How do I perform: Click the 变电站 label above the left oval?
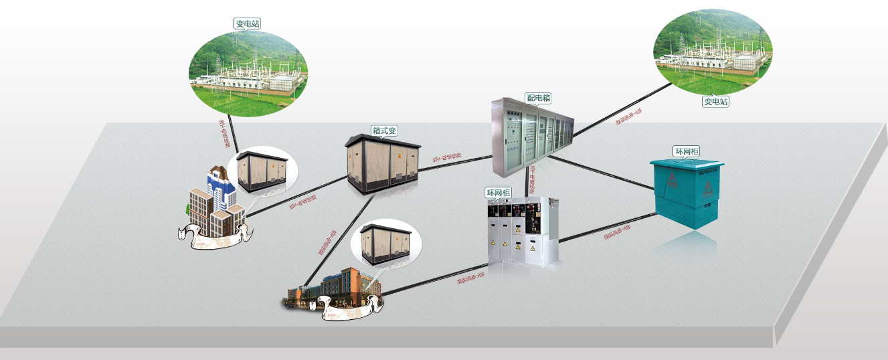point(247,23)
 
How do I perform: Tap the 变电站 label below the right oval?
point(715,102)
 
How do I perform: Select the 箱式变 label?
point(384,130)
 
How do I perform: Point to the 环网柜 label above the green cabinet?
point(685,152)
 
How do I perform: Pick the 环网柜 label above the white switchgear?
point(498,193)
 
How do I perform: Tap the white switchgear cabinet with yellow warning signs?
point(523,231)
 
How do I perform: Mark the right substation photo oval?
point(711,50)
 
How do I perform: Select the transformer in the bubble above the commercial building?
point(385,241)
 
